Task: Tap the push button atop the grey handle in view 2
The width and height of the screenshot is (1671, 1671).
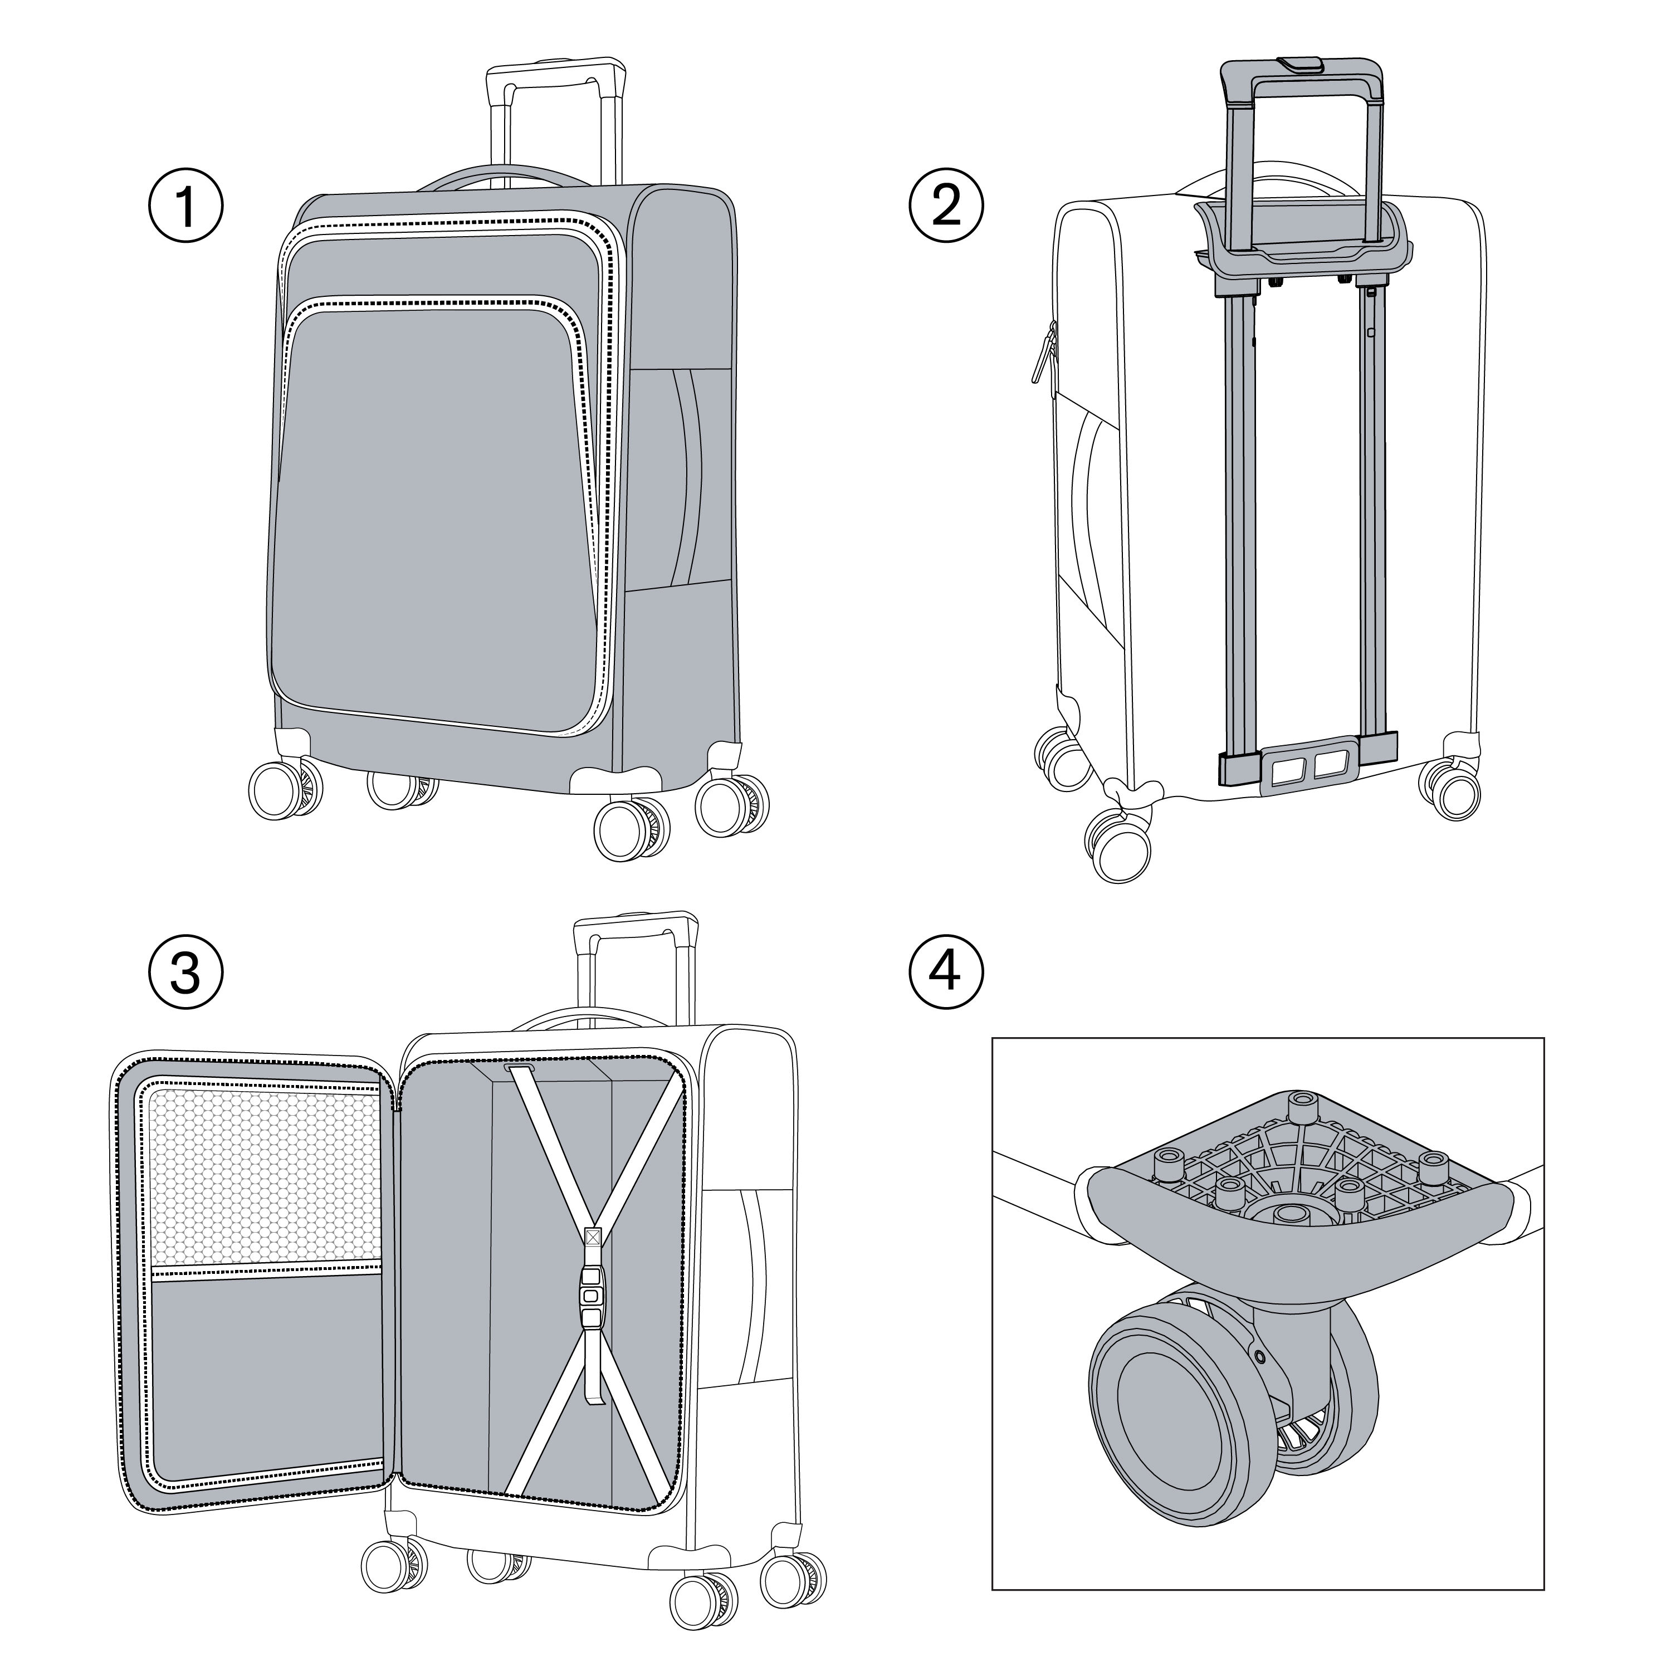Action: tap(1300, 65)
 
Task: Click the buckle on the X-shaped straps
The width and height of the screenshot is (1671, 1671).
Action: tap(591, 1299)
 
